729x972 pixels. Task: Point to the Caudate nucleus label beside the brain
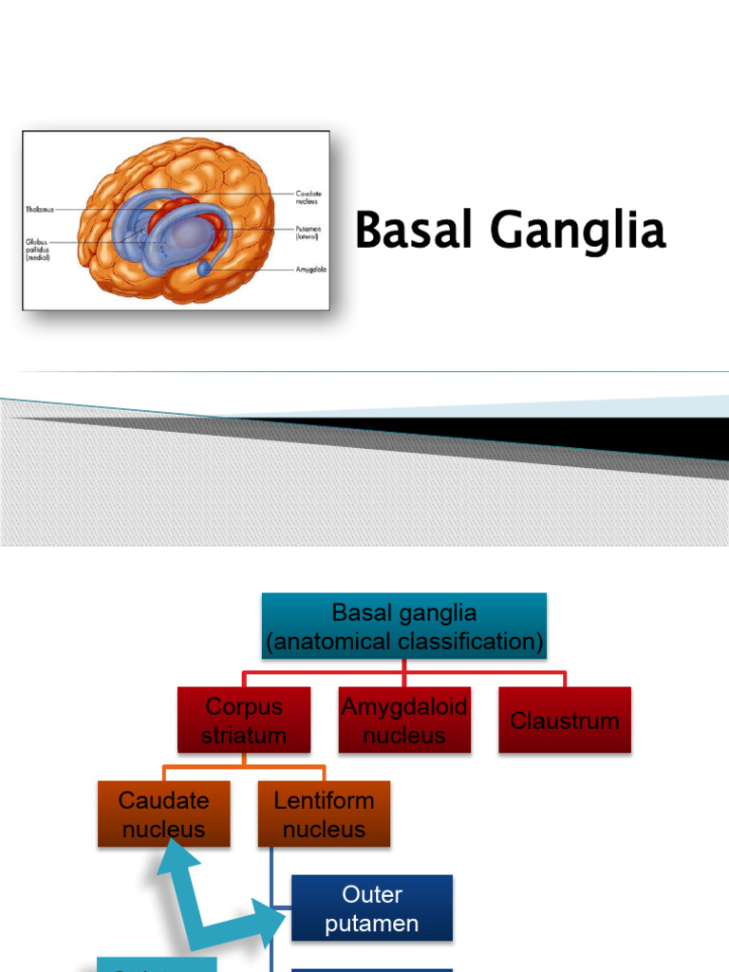click(308, 196)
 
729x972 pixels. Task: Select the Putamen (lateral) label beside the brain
click(308, 233)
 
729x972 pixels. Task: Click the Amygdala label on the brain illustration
click(310, 270)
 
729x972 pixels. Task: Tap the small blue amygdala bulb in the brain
click(205, 270)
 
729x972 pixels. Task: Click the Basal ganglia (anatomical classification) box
click(404, 626)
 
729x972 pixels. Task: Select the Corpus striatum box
click(244, 720)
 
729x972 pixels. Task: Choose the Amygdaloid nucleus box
click(404, 720)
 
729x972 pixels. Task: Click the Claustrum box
click(565, 720)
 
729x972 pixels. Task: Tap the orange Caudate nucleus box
click(163, 813)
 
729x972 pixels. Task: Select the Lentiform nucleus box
click(324, 813)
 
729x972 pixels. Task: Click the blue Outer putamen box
click(371, 908)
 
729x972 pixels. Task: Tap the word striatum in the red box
click(244, 736)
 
